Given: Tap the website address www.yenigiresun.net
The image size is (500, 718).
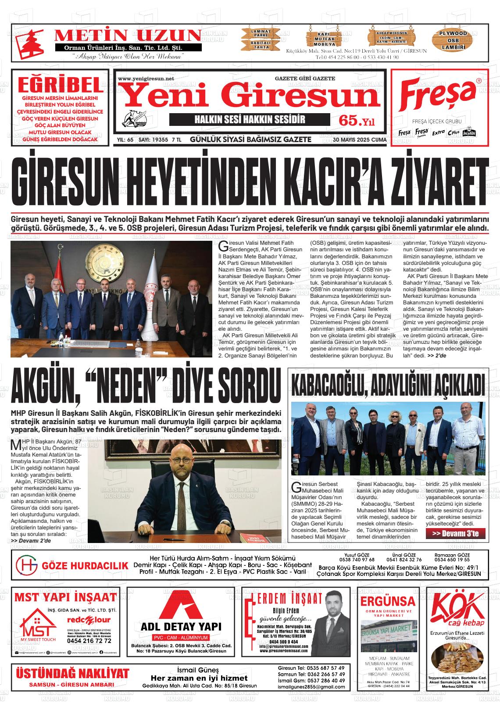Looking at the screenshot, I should (146, 79).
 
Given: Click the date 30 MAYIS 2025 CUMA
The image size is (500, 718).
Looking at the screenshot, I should (360, 139).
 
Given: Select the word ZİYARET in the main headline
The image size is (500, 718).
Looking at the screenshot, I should (421, 181).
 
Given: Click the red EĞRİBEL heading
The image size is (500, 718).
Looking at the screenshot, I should (60, 84).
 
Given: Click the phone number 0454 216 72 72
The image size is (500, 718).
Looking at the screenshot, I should (89, 640).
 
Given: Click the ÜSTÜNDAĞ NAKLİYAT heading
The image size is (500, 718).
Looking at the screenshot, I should (73, 673).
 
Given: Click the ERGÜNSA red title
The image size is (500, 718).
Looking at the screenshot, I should (386, 600).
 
